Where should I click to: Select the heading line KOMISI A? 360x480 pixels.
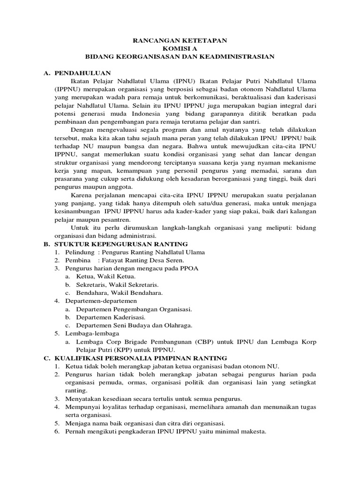point(180,49)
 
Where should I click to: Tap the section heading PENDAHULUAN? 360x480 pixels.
point(82,73)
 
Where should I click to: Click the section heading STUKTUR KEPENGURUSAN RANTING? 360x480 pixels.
point(121,244)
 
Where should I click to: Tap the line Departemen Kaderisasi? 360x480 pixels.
point(107,317)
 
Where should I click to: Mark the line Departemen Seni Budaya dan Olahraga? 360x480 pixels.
point(134,325)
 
